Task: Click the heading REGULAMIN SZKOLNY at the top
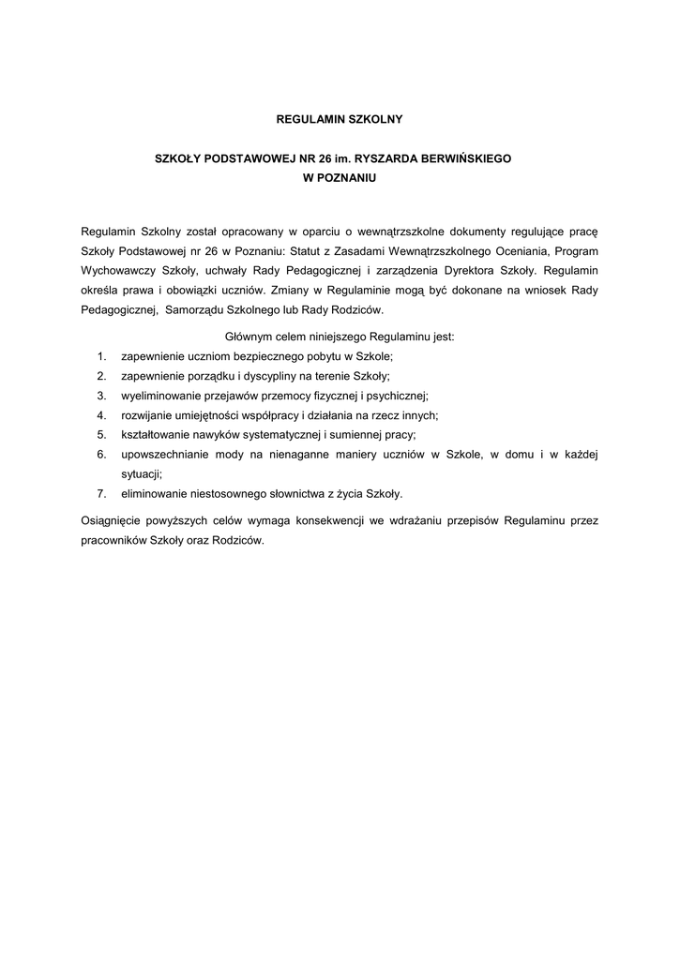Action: pos(340,120)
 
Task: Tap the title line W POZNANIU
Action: pos(340,178)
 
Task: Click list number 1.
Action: pos(99,357)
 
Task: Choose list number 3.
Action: pos(99,396)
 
